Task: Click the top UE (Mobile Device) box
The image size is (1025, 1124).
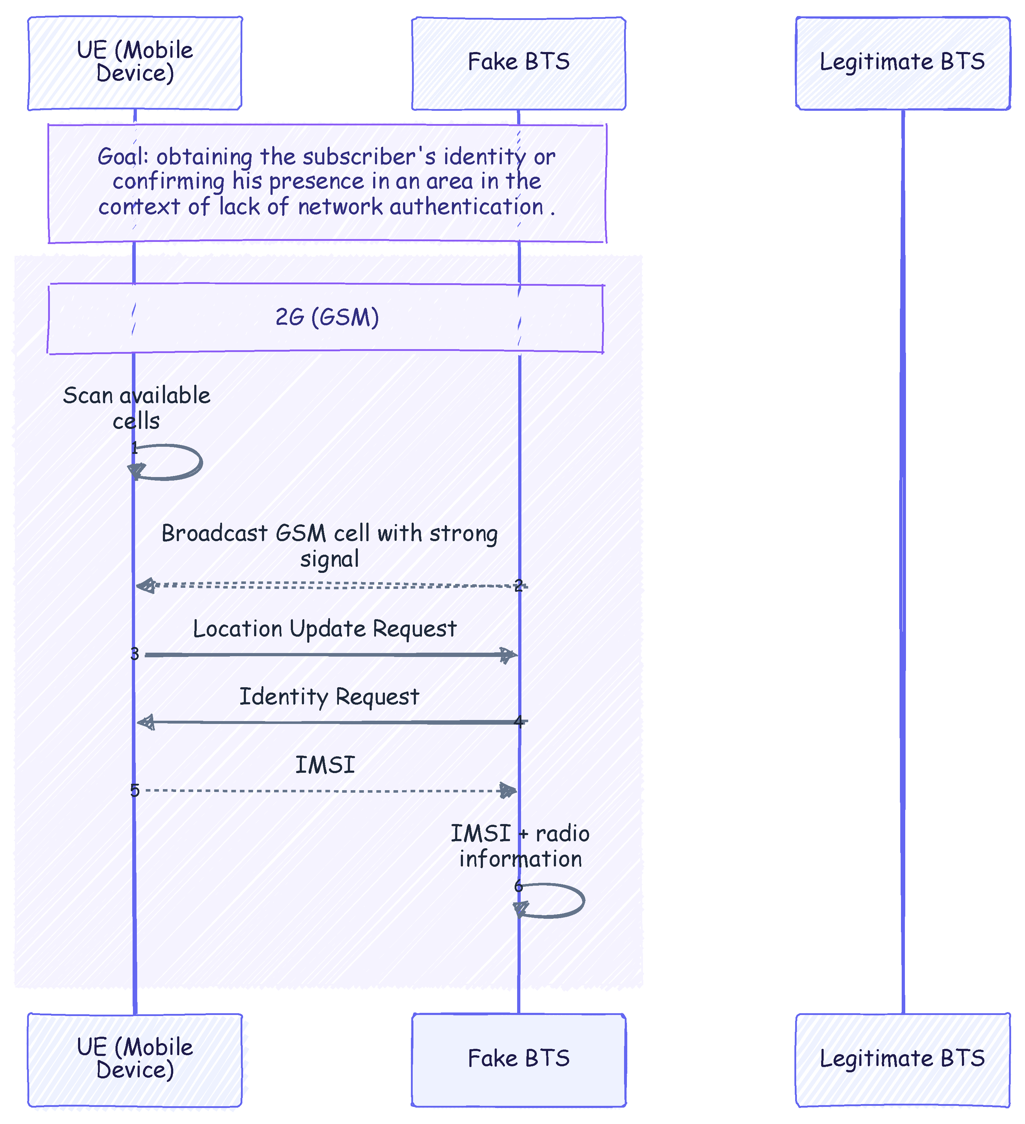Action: pyautogui.click(x=135, y=63)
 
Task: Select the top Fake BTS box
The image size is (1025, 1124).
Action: pyautogui.click(x=519, y=63)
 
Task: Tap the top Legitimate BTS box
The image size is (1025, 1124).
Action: pyautogui.click(x=903, y=63)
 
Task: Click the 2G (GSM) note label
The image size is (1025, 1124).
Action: pyautogui.click(x=328, y=317)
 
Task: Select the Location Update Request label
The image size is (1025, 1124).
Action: pyautogui.click(x=325, y=629)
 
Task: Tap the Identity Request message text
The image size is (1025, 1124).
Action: pyautogui.click(x=329, y=697)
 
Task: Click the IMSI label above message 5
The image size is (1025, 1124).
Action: pyautogui.click(x=325, y=765)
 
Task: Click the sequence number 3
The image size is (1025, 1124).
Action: pyautogui.click(x=134, y=654)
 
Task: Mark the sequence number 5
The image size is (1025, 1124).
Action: pyautogui.click(x=134, y=790)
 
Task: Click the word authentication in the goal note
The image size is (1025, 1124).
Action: pyautogui.click(x=467, y=207)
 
